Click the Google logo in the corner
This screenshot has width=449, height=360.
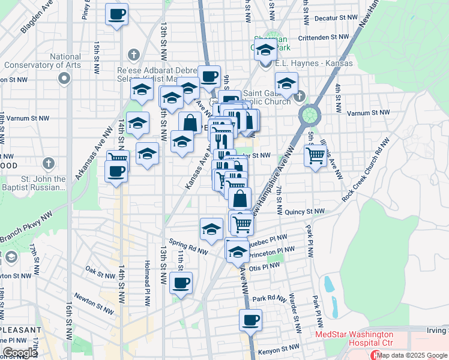pyautogui.click(x=20, y=353)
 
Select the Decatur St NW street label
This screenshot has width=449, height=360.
pyautogui.click(x=331, y=19)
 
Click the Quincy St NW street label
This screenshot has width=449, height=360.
pyautogui.click(x=305, y=212)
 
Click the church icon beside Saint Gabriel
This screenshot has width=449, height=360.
pyautogui.click(x=300, y=96)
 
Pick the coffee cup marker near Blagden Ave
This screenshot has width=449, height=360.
pyautogui.click(x=116, y=14)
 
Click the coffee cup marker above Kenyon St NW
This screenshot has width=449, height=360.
pyautogui.click(x=250, y=320)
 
